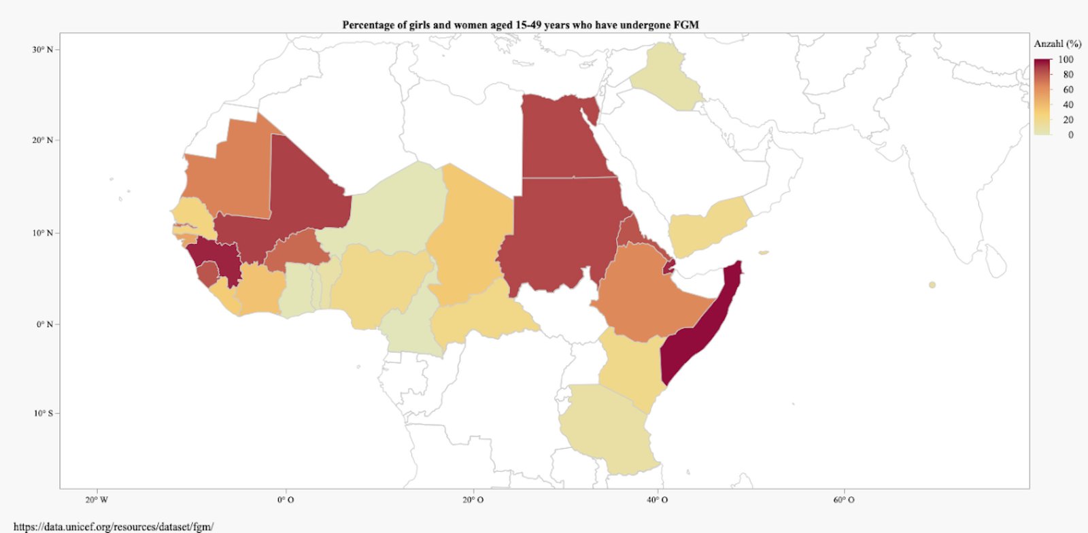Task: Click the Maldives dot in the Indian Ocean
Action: coord(932,285)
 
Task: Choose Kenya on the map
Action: coord(629,367)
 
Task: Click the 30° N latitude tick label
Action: coord(41,50)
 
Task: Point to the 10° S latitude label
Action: coord(43,413)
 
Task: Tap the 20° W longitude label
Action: coord(97,500)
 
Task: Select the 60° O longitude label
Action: coord(844,500)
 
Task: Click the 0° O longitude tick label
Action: coord(286,500)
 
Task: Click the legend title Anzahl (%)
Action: coord(1057,44)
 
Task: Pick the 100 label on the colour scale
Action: coord(1066,60)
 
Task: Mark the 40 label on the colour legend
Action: coord(1068,105)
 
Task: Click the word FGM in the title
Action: coord(685,25)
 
